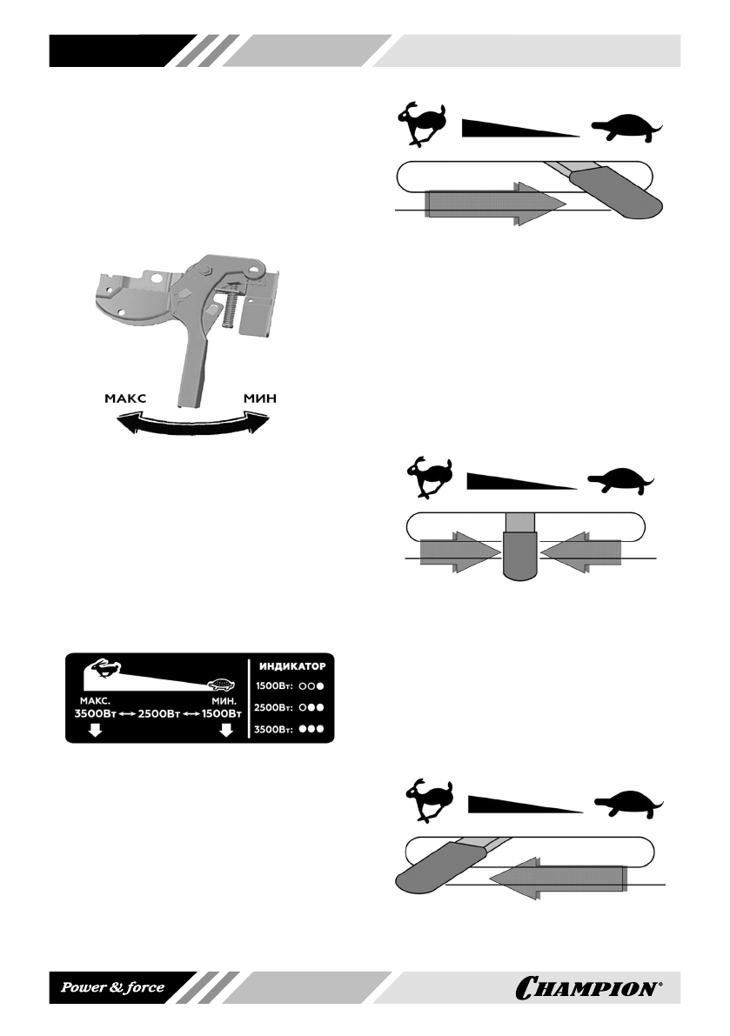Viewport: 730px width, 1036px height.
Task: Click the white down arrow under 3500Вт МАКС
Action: [x=95, y=731]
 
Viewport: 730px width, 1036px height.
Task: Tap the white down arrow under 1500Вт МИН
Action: [x=226, y=731]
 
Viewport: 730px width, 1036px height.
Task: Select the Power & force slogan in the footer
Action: [x=111, y=989]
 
